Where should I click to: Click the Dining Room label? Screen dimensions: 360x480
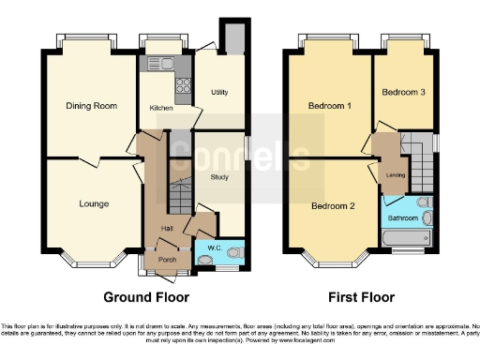[x=91, y=106]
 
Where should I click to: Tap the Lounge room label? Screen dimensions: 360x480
[x=94, y=203]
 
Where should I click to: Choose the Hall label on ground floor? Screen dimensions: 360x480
[x=167, y=228]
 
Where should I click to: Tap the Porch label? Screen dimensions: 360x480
[x=167, y=259]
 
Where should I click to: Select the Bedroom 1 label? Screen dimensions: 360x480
[x=329, y=106]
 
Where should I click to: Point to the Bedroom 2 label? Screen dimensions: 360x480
[x=333, y=206]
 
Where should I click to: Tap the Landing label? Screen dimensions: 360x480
[x=396, y=175]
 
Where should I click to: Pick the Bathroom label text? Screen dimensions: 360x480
[x=404, y=218]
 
